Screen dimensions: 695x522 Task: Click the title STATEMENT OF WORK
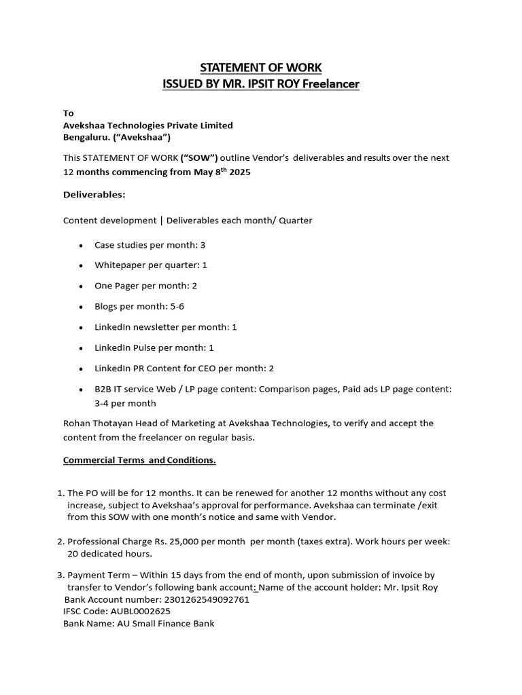pyautogui.click(x=260, y=67)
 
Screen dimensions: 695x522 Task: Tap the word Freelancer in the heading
pyautogui.click(x=330, y=84)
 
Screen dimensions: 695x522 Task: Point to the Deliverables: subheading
pyautogui.click(x=94, y=195)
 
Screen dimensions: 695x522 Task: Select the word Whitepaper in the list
pyautogui.click(x=118, y=265)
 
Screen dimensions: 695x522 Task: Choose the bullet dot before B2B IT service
pyautogui.click(x=82, y=390)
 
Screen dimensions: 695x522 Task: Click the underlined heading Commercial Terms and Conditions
pyautogui.click(x=139, y=460)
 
